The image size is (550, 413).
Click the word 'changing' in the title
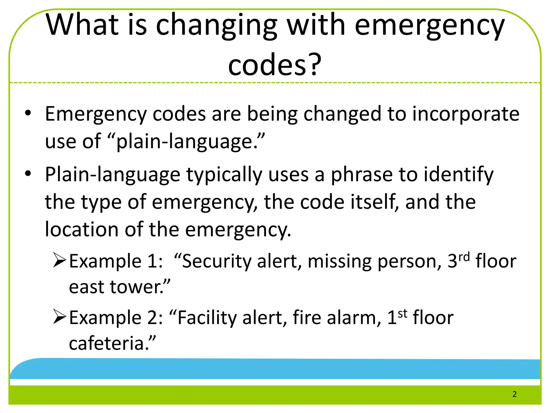pyautogui.click(x=216, y=26)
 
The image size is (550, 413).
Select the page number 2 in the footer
pyautogui.click(x=514, y=394)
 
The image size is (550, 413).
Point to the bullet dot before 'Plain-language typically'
pyautogui.click(x=28, y=174)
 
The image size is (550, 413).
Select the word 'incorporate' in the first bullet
pyautogui.click(x=466, y=114)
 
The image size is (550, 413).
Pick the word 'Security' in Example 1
pyautogui.click(x=217, y=261)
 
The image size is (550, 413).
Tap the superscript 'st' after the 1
pyautogui.click(x=403, y=314)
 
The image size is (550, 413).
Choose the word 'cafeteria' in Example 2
pyautogui.click(x=106, y=344)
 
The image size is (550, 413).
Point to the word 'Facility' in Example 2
pyautogui.click(x=207, y=318)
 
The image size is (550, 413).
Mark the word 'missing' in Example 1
pyautogui.click(x=339, y=261)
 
